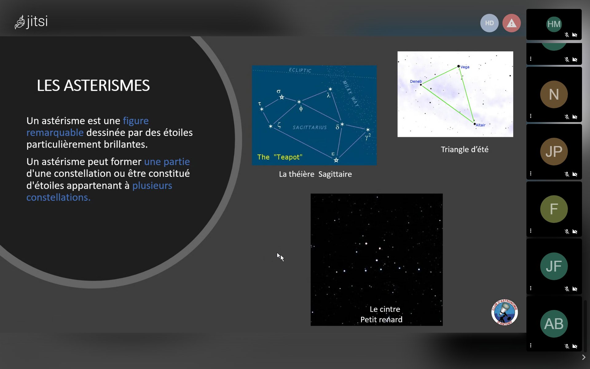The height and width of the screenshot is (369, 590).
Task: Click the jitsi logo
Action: click(31, 22)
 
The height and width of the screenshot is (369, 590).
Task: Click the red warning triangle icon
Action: click(511, 23)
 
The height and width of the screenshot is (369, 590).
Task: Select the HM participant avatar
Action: click(554, 24)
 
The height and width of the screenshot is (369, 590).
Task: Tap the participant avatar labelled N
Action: click(554, 94)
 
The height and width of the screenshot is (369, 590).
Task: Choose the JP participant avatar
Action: click(554, 151)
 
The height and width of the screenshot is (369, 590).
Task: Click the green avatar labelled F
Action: click(554, 209)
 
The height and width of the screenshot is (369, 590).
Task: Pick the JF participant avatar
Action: click(554, 266)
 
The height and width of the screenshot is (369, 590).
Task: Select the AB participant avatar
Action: click(554, 323)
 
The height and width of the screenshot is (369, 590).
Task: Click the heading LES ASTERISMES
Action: click(93, 85)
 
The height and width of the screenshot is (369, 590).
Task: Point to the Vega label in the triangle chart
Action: click(465, 67)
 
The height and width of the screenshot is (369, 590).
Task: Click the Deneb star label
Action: click(416, 81)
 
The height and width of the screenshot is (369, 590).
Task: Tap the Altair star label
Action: click(481, 125)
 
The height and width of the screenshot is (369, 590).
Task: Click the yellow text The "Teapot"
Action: click(280, 157)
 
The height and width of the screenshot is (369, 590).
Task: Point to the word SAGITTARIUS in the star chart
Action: click(310, 127)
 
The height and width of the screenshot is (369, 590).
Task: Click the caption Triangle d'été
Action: click(465, 149)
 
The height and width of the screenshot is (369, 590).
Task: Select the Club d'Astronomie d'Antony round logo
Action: click(505, 312)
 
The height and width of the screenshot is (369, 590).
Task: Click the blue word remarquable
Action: click(55, 133)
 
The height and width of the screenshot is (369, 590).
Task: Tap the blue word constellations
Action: click(58, 197)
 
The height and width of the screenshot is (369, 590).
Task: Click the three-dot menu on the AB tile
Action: click(531, 345)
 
